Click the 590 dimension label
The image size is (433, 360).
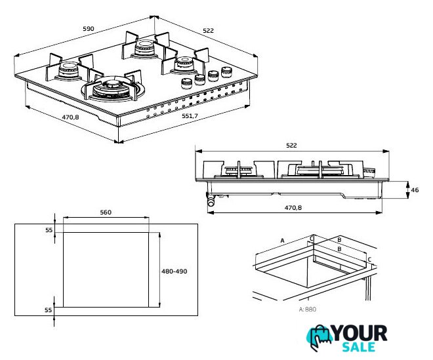coord(89,28)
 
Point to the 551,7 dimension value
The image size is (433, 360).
coord(190,116)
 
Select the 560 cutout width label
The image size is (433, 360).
coord(106,212)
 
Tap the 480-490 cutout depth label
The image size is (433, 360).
coord(175,271)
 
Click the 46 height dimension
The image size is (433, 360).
coord(415,190)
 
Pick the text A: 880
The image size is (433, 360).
coord(307,310)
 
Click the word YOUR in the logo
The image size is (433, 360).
coord(360,334)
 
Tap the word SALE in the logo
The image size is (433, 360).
coord(358,347)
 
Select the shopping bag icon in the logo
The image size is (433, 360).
coord(320,337)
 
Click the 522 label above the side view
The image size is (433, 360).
coord(291,145)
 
